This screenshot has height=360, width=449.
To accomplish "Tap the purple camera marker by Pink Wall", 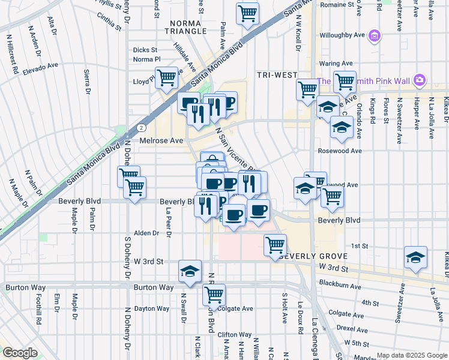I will point(420,80).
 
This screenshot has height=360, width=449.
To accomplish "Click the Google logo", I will point(20,353).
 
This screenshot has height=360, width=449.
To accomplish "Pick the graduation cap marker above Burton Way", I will point(190,271).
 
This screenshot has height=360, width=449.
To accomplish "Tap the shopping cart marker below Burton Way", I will point(214,295).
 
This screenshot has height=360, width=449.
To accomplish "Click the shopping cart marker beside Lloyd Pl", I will point(166,77).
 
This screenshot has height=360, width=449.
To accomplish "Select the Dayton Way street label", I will point(151,309).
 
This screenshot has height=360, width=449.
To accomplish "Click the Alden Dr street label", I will point(146,233).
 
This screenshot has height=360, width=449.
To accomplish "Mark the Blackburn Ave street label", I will point(340,287).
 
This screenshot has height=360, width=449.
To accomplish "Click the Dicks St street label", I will point(145,50).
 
